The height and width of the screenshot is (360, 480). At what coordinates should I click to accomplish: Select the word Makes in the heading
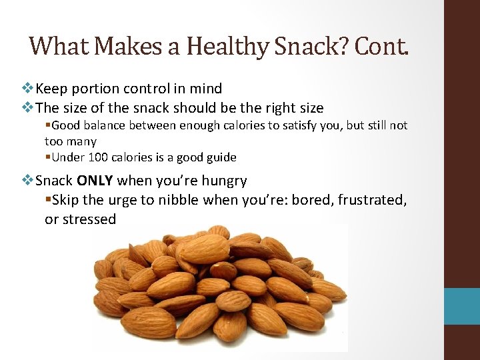point(136,46)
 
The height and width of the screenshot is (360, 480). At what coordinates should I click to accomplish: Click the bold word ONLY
point(96,181)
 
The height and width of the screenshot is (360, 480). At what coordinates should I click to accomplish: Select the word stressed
point(89,219)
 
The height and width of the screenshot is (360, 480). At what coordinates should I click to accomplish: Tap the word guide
point(220,158)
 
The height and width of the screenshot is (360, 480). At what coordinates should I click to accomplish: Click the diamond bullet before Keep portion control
point(28,88)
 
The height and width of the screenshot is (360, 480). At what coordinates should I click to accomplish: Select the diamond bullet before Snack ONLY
point(28,181)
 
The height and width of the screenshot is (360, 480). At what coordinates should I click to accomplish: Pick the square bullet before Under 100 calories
point(48,158)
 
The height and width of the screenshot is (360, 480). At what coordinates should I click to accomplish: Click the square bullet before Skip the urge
point(48,200)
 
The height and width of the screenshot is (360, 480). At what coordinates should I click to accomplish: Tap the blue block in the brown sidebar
point(463,306)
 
